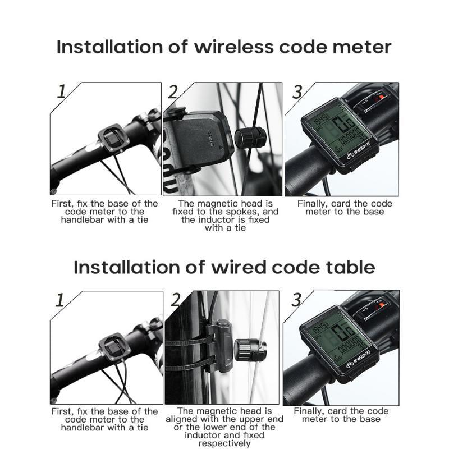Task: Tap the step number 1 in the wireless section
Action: point(62,91)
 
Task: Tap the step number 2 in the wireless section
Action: point(173,91)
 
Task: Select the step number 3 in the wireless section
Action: point(297,91)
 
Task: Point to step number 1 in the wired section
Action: point(60,300)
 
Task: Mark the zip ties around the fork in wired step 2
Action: point(182,352)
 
